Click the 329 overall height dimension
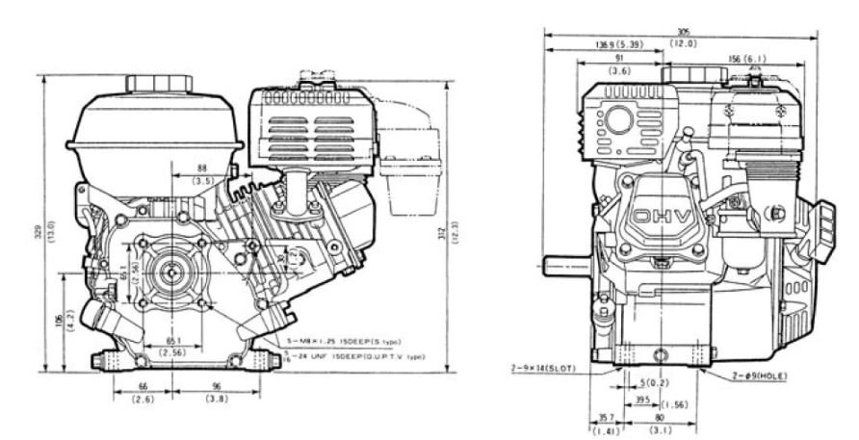tap(37, 229)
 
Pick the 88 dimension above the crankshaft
tap(201, 167)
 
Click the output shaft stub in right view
tap(562, 261)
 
